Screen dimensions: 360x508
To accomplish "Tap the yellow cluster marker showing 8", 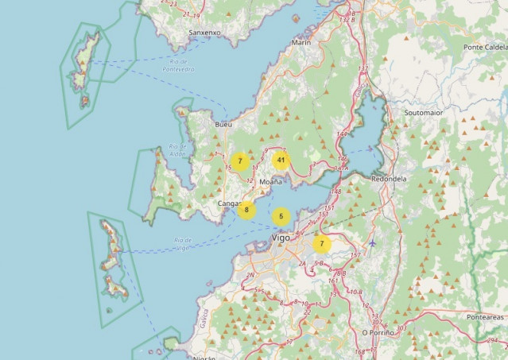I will click(x=246, y=210).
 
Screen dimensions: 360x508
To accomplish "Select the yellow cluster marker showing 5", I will click(x=281, y=216).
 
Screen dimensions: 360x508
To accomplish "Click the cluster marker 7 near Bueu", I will click(x=239, y=161).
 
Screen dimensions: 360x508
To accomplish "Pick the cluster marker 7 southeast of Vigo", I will click(x=321, y=244).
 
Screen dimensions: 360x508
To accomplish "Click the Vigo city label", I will click(x=281, y=237).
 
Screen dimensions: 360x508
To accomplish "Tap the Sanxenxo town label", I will click(x=204, y=33).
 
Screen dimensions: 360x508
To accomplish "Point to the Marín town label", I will click(x=301, y=42).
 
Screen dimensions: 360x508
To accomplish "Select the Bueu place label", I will click(x=223, y=125).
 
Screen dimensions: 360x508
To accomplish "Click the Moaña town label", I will click(x=271, y=182).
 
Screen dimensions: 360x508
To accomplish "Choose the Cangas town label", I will click(x=229, y=203).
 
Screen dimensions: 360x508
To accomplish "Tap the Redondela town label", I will click(x=389, y=179).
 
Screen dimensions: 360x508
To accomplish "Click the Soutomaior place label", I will click(x=423, y=113).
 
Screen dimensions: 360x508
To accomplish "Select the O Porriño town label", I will click(x=378, y=332).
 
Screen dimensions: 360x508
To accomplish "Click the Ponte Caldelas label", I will click(x=484, y=47).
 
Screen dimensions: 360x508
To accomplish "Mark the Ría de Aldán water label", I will click(x=176, y=150).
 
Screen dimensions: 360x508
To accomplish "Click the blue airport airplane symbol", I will click(x=371, y=242).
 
